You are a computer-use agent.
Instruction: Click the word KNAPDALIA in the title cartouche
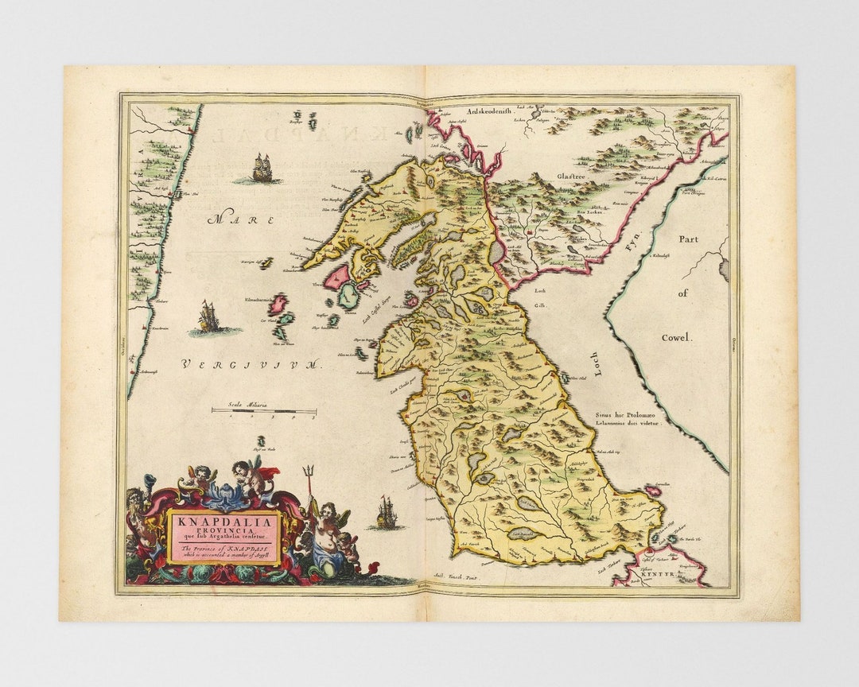click(223, 522)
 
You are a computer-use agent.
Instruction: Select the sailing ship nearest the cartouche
click(386, 513)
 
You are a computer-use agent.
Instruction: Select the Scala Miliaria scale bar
click(263, 411)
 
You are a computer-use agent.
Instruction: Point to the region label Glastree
click(571, 176)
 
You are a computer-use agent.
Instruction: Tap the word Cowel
click(677, 337)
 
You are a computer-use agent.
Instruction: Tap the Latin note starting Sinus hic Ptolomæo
click(628, 419)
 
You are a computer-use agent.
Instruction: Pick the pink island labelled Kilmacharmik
click(278, 304)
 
